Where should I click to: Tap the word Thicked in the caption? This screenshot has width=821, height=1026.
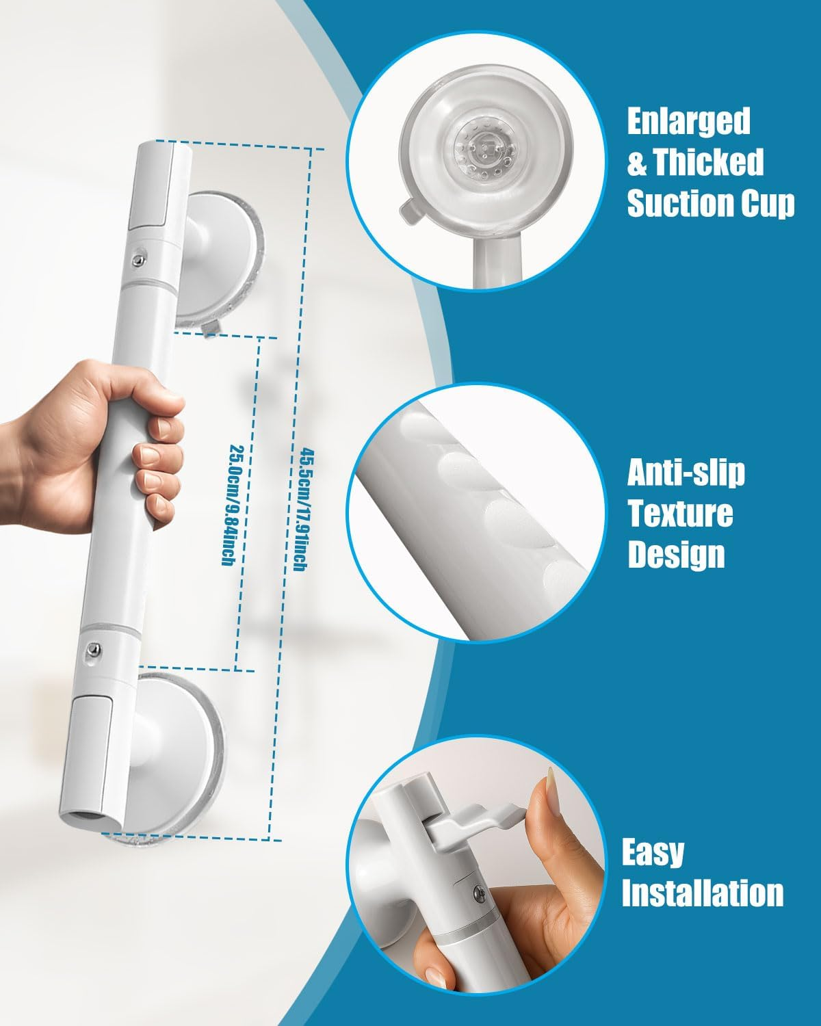coord(708,162)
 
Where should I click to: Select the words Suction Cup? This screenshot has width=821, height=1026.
coord(711,203)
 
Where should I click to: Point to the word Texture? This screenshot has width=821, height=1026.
coord(680,513)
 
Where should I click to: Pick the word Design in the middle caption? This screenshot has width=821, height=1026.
coord(676,554)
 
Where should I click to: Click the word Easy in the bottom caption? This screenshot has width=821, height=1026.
coord(653,852)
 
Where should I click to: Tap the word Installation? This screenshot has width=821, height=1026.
coord(703,893)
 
